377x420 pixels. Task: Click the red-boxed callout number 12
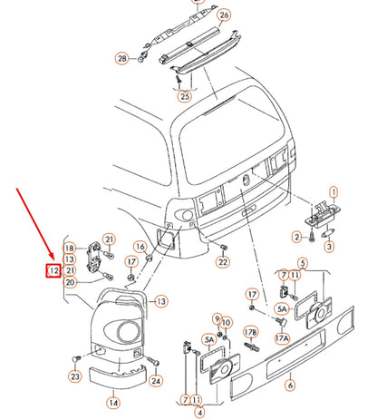tap(53, 270)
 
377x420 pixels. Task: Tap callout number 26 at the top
tap(224, 15)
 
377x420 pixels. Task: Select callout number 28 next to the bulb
tap(122, 58)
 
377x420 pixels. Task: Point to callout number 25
tap(185, 96)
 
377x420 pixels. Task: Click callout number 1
tap(333, 192)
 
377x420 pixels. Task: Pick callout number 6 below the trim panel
tap(290, 385)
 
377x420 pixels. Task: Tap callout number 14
tap(113, 403)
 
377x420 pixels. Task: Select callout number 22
tap(223, 262)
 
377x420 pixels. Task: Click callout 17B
tap(250, 333)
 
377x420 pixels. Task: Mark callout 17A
tap(282, 338)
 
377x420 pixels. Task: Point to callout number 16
tap(140, 247)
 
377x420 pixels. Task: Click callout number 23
tap(75, 376)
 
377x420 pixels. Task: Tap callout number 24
tap(156, 380)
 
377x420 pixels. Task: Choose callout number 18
tap(70, 249)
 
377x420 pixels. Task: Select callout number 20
tap(70, 282)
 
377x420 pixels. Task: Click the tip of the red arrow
tap(53, 259)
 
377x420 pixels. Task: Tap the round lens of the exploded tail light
tap(129, 332)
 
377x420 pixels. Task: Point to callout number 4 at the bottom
tap(199, 412)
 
